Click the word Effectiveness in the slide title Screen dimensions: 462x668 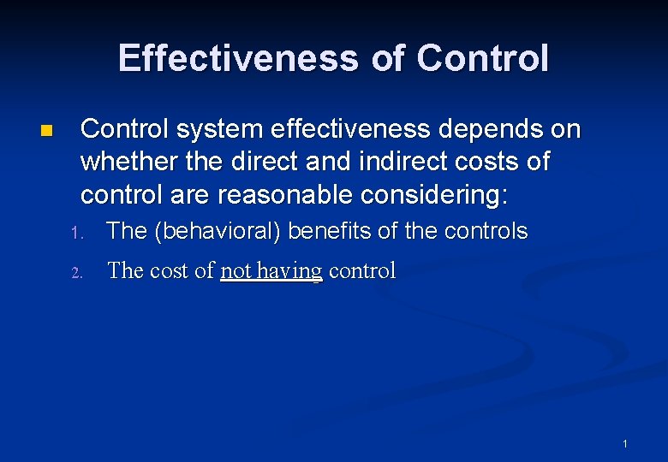pos(238,58)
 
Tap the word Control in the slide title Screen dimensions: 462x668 pos(482,58)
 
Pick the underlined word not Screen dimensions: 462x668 pos(235,271)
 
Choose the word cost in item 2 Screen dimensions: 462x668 pos(170,271)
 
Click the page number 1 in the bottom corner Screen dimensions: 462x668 pos(625,444)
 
